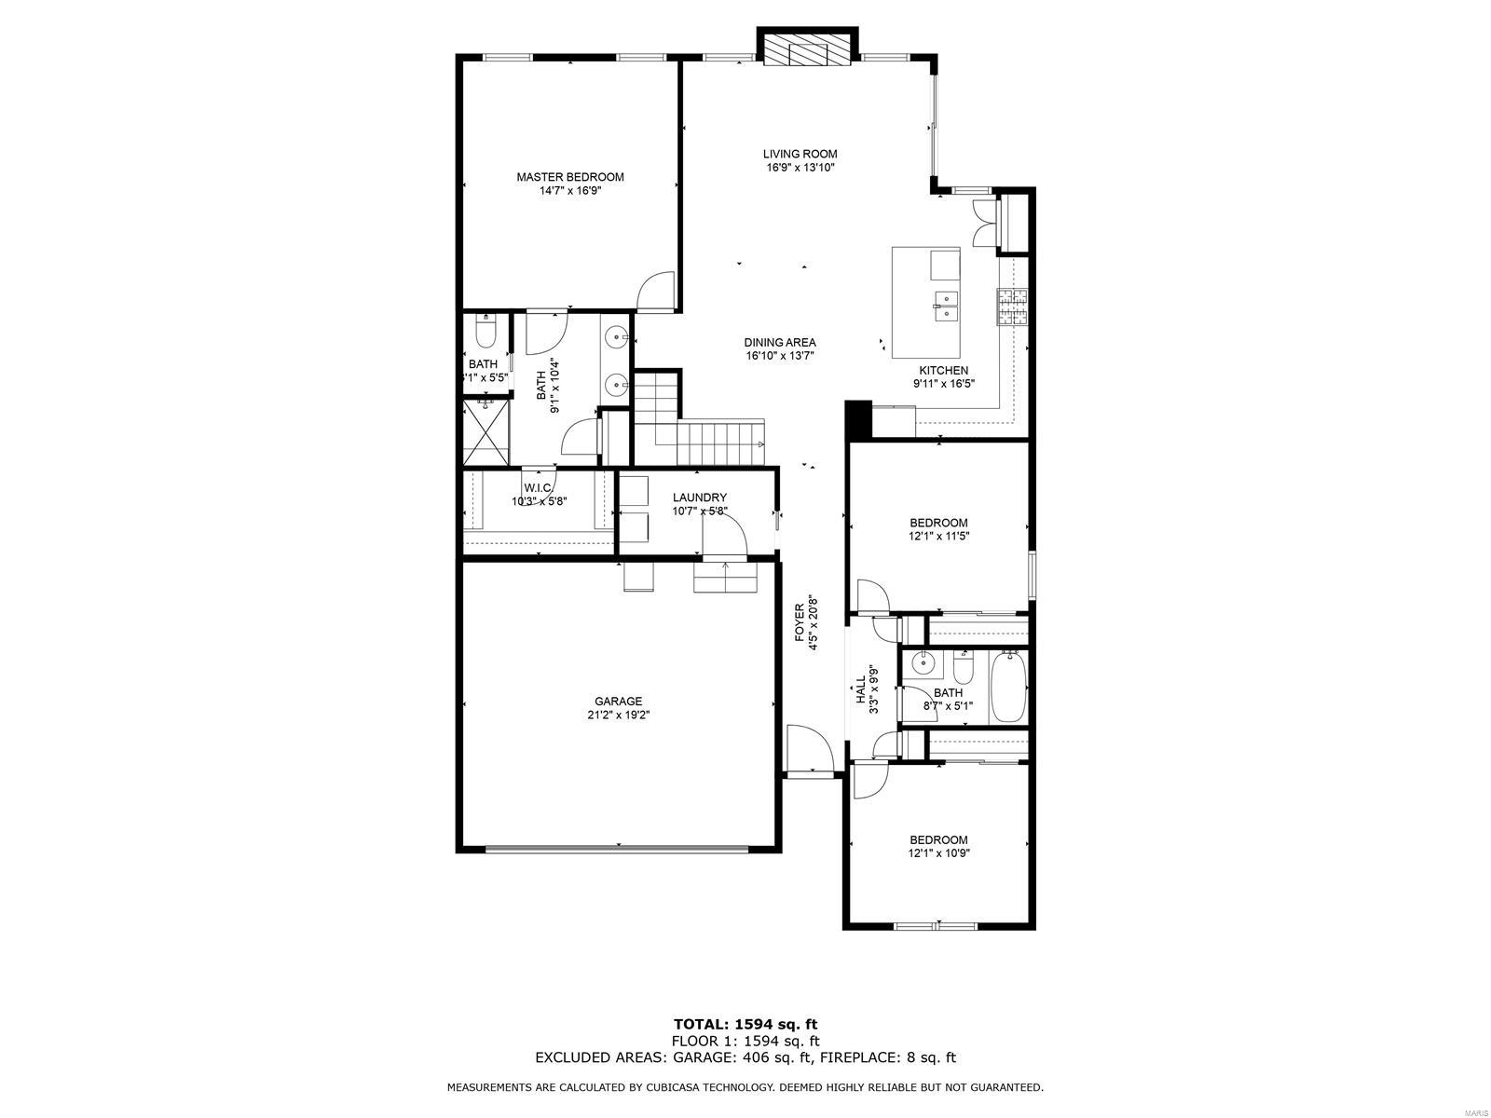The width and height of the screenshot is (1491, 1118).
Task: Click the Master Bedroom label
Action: pos(570,177)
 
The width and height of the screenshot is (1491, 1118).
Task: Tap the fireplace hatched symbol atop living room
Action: pos(808,50)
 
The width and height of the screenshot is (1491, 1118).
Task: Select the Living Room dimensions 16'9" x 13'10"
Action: pos(800,169)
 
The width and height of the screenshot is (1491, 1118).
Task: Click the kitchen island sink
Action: pos(946,306)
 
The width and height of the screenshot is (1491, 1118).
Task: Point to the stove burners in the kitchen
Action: pos(1013,307)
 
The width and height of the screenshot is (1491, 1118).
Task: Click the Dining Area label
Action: pos(780,342)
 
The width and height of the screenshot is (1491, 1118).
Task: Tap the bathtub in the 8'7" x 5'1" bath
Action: pos(1008,688)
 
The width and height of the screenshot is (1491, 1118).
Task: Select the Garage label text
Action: pos(619,702)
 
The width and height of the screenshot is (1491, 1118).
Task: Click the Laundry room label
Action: pos(699,498)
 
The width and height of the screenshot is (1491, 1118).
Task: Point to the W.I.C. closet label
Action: pos(540,487)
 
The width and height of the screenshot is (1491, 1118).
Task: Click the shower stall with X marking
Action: pos(486,432)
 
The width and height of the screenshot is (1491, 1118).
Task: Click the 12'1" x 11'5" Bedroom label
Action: pos(938,523)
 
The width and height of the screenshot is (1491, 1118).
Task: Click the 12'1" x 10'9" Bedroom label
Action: pos(938,839)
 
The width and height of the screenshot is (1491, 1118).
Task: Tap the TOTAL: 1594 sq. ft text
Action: pos(745,1024)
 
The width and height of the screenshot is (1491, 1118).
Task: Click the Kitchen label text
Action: pos(943,370)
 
